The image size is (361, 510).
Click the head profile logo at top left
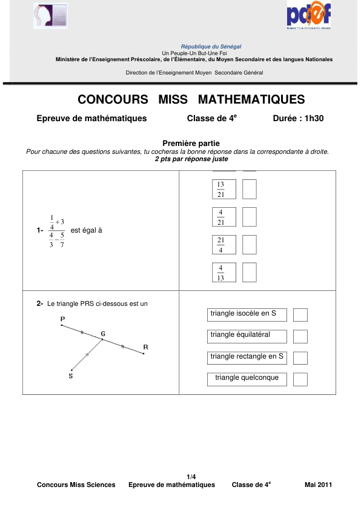click(x=50, y=16)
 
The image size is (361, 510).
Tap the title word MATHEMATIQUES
click(x=251, y=99)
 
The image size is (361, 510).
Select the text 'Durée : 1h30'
click(x=299, y=119)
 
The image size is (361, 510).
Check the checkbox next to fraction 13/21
click(x=249, y=190)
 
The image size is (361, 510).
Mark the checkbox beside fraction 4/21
click(x=249, y=217)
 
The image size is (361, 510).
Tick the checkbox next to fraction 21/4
click(x=249, y=245)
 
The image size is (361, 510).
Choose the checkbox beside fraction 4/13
click(x=249, y=273)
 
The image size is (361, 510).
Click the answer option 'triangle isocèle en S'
click(x=247, y=314)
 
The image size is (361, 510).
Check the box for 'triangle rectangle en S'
click(x=300, y=357)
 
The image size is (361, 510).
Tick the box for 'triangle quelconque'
click(x=300, y=379)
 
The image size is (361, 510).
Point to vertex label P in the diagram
click(x=62, y=319)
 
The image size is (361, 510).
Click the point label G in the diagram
click(x=103, y=334)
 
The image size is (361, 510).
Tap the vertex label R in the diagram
click(x=145, y=347)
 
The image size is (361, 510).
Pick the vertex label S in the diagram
click(x=70, y=376)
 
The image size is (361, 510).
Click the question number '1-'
click(x=40, y=231)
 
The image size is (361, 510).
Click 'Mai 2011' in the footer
click(x=318, y=485)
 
